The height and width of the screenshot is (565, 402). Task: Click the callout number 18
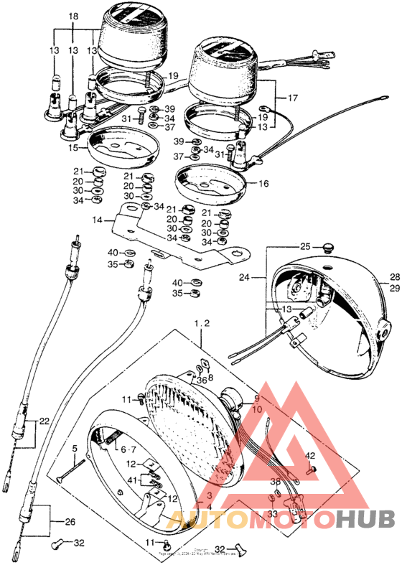(x=73, y=17)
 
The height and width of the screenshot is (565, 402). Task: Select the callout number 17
(x=292, y=98)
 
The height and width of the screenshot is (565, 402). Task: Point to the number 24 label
(x=244, y=276)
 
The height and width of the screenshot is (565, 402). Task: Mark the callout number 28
(x=393, y=277)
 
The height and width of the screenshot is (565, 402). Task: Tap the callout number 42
(x=310, y=456)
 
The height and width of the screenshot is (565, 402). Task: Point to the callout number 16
(x=263, y=184)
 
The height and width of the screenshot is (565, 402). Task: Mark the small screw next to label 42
(x=314, y=470)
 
